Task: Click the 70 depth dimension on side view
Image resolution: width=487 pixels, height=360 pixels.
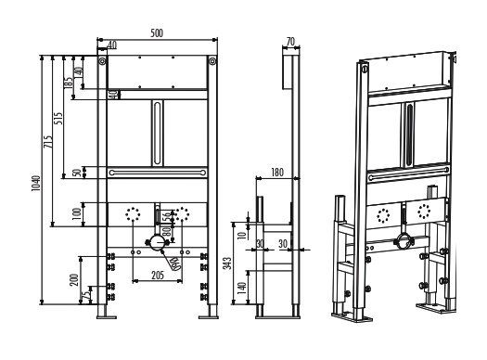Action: coord(290,41)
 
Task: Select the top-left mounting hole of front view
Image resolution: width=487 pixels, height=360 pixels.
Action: coord(106,63)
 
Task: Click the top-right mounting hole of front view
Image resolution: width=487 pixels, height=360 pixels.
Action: coord(213,63)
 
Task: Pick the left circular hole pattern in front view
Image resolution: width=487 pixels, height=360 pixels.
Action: coord(135,214)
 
